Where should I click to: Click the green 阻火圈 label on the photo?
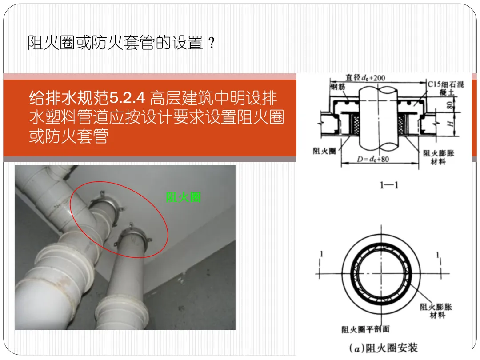pyautogui.click(x=183, y=197)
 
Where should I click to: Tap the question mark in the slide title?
pyautogui.click(x=211, y=43)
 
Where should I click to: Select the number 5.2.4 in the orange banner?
pyautogui.click(x=127, y=98)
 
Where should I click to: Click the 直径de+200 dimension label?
pyautogui.click(x=365, y=77)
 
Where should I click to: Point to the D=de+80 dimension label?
pyautogui.click(x=373, y=159)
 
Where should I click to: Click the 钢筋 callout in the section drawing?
pyautogui.click(x=338, y=87)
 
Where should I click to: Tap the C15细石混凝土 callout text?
pyautogui.click(x=446, y=88)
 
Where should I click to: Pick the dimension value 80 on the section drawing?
pyautogui.click(x=449, y=105)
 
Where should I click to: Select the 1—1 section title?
pyautogui.click(x=389, y=185)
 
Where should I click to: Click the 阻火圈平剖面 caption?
pyautogui.click(x=365, y=329)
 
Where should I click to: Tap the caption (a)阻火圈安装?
pyautogui.click(x=384, y=348)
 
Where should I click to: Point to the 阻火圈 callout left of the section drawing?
pyautogui.click(x=324, y=151)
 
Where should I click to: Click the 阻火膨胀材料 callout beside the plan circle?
pyautogui.click(x=436, y=311)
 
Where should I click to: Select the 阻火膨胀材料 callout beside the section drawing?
pyautogui.click(x=438, y=157)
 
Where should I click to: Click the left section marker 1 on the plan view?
pyautogui.click(x=321, y=254)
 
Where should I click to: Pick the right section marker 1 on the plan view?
pyautogui.click(x=438, y=255)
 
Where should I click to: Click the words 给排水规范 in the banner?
pyautogui.click(x=69, y=98)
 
